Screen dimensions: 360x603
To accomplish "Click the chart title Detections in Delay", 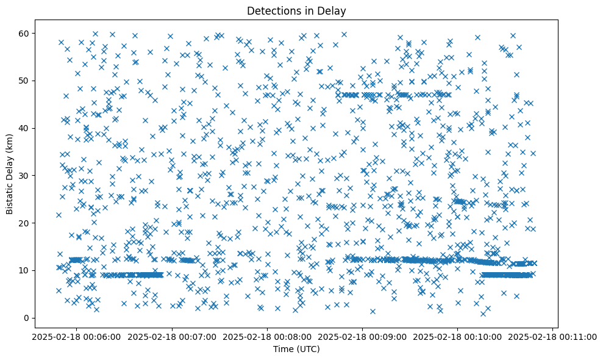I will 296,10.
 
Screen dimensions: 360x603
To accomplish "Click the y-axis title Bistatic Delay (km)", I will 10,171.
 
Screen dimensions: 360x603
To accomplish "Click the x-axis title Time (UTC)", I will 296,350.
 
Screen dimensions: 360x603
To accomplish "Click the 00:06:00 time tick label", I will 76,336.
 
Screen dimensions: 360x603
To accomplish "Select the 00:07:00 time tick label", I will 171,336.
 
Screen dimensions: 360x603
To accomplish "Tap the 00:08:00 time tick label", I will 267,336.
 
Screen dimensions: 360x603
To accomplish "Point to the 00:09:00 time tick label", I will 363,336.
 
